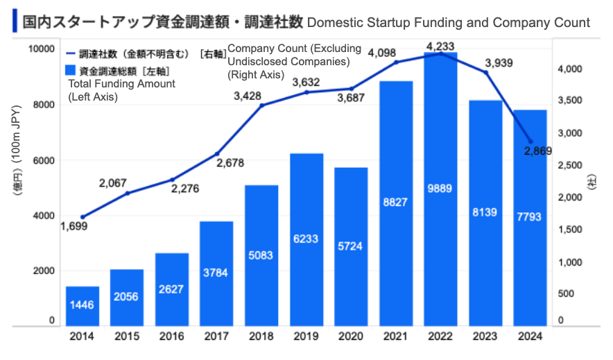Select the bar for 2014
pos(83,305)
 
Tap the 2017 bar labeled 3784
pos(217,273)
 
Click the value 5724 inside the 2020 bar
pos(352,246)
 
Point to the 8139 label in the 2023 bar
pos(486,212)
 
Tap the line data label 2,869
pos(537,152)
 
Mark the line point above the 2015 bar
pos(127,193)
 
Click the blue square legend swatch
pos(69,70)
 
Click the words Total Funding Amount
pos(121,84)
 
